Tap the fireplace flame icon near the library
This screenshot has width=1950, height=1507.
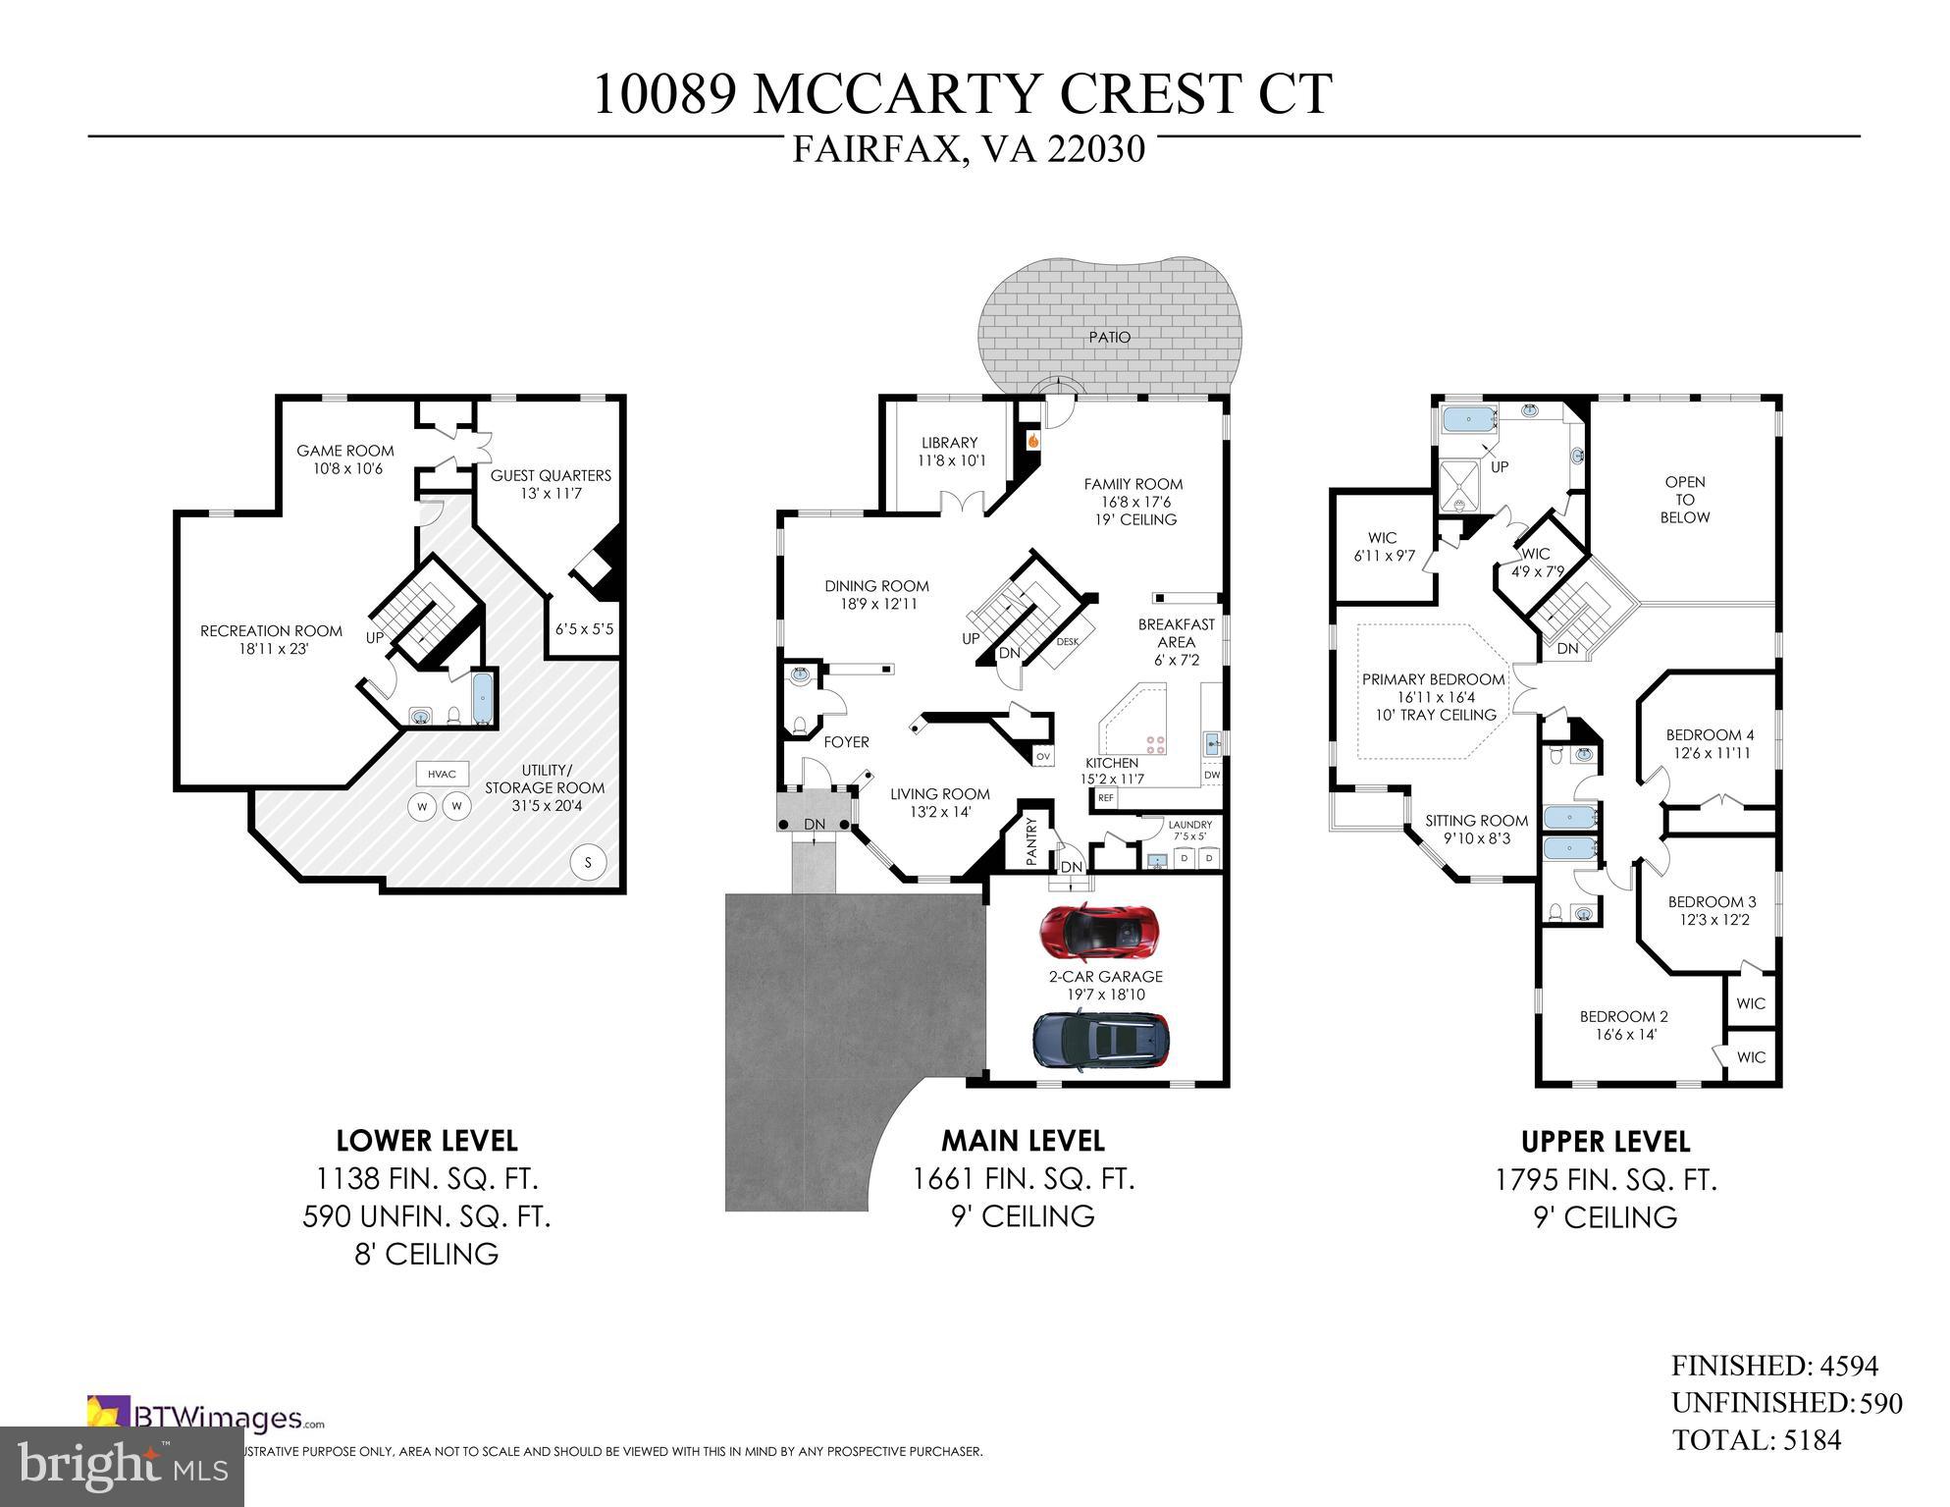pyautogui.click(x=1032, y=442)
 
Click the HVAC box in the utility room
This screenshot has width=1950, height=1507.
pyautogui.click(x=442, y=774)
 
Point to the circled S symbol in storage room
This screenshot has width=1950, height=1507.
pyautogui.click(x=588, y=863)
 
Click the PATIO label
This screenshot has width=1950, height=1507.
pyautogui.click(x=1109, y=337)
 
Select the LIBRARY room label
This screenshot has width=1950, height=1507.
pyautogui.click(x=949, y=443)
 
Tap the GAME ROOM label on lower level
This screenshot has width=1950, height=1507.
pyautogui.click(x=345, y=451)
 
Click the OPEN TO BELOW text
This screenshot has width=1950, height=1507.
pyautogui.click(x=1684, y=499)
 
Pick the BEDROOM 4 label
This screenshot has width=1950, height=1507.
pyautogui.click(x=1710, y=735)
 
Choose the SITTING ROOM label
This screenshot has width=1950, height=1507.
pyautogui.click(x=1476, y=821)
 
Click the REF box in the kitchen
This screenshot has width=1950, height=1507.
pyautogui.click(x=1106, y=798)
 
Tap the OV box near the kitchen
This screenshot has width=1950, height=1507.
pyautogui.click(x=1042, y=756)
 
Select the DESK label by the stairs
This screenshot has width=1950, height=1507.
pyautogui.click(x=1068, y=642)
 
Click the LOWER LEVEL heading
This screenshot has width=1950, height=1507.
pyautogui.click(x=426, y=1141)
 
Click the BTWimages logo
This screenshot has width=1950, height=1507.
pyautogui.click(x=206, y=1418)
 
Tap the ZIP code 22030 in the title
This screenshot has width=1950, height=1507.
pyautogui.click(x=1096, y=149)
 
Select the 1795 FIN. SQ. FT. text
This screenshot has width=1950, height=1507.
pyautogui.click(x=1606, y=1179)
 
